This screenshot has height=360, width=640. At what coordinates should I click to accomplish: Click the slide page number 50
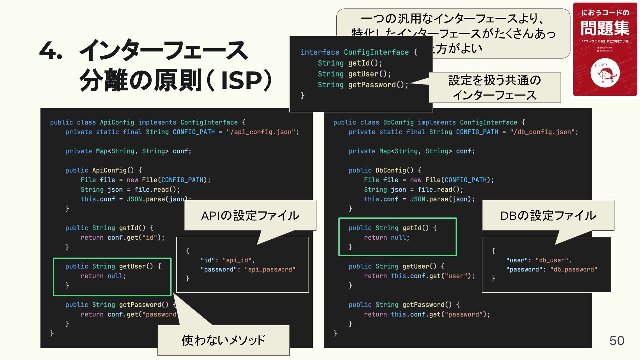click(x=616, y=341)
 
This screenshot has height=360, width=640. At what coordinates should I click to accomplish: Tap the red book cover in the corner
click(x=605, y=49)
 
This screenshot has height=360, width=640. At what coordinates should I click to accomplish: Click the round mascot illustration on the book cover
click(x=605, y=73)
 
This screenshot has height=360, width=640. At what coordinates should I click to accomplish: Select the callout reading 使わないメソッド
click(x=223, y=340)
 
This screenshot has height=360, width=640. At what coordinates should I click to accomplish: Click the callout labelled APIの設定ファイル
click(x=250, y=216)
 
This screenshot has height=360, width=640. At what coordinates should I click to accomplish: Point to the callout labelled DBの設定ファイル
click(x=548, y=216)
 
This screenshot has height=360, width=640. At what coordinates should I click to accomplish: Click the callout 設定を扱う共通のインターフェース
click(x=494, y=87)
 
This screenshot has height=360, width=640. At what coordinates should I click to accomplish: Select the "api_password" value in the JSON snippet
click(x=270, y=269)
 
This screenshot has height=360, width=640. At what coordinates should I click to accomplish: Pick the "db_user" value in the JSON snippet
click(x=552, y=260)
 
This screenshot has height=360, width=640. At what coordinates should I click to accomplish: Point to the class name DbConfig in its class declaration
click(x=398, y=122)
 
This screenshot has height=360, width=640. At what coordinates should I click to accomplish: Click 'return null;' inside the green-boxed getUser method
click(x=103, y=276)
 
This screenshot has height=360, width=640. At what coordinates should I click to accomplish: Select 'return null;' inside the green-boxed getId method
click(x=387, y=238)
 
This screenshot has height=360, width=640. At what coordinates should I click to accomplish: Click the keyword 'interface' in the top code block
click(x=320, y=52)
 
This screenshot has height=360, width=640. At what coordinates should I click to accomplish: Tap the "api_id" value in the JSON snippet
click(x=237, y=260)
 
